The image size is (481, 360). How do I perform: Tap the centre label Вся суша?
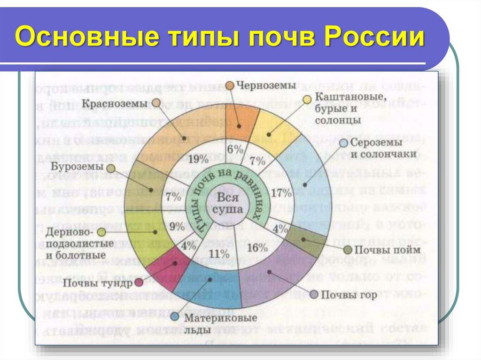224,205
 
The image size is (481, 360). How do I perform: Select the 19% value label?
197,159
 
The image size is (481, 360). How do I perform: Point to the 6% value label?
235,150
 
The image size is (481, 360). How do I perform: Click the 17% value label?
282,192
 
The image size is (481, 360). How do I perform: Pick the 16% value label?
256,247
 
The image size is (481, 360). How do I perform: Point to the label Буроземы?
77,168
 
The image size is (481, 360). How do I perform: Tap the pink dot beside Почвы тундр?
139,283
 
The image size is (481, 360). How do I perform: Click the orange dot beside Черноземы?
230,85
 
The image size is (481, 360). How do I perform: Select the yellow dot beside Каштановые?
307,99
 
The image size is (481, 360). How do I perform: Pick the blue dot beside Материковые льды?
174,317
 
